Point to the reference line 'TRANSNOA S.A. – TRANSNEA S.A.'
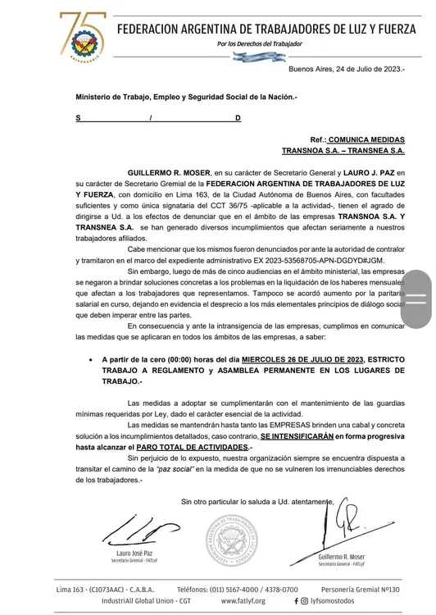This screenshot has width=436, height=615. [x=343, y=151]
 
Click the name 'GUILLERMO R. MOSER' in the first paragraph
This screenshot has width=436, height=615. [x=169, y=174]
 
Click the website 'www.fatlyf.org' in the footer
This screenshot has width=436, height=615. [x=242, y=601]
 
